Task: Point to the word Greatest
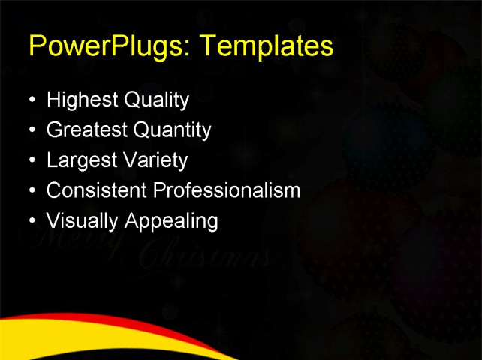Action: click(x=87, y=130)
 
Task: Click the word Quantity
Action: click(x=172, y=130)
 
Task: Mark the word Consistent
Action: click(x=97, y=190)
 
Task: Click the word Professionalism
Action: click(x=227, y=190)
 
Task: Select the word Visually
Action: click(x=75, y=221)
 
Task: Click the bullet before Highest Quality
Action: click(x=31, y=100)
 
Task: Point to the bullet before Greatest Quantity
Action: click(x=31, y=130)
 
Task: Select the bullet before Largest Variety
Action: click(x=31, y=160)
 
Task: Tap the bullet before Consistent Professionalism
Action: click(x=31, y=190)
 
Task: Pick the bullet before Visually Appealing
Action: click(x=31, y=221)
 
